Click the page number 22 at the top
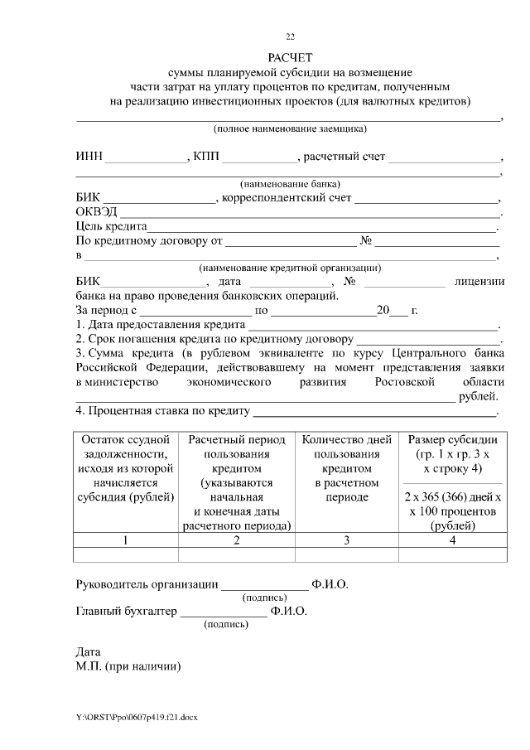tap(289, 36)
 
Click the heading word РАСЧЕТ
tap(289, 57)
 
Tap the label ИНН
tap(89, 157)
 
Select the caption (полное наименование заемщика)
tap(289, 129)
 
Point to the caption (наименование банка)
tap(290, 183)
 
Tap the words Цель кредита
tap(111, 226)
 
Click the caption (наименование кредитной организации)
tap(289, 268)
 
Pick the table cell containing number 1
tap(126, 540)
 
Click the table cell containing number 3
tap(346, 540)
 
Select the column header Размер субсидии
tap(451, 439)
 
